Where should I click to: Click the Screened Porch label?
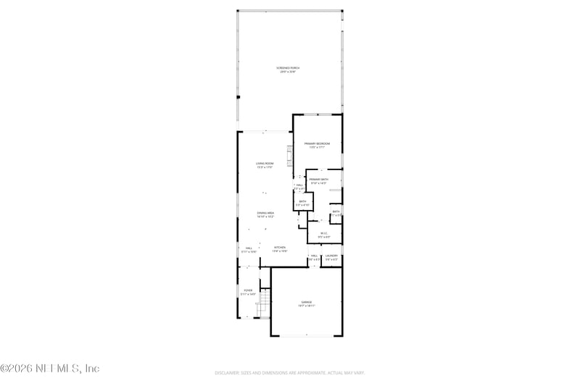point(290,69)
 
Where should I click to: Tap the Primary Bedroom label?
point(317,144)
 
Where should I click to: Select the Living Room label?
point(264,164)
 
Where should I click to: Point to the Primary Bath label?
point(319,179)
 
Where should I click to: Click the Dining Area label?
point(265,213)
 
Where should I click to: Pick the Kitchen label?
point(279,248)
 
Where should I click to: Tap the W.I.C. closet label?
point(324,232)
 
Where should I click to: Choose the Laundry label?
point(331,256)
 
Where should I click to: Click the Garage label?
point(306,301)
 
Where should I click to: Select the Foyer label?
point(247,290)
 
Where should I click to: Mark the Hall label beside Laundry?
point(315,256)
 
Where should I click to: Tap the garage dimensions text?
point(306,306)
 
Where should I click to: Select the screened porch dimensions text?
point(290,72)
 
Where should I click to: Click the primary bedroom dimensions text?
point(317,148)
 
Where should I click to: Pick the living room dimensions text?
point(264,167)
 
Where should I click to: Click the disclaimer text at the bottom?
point(289,373)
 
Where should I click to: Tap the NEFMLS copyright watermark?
point(50,368)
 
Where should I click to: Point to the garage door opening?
point(306,336)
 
